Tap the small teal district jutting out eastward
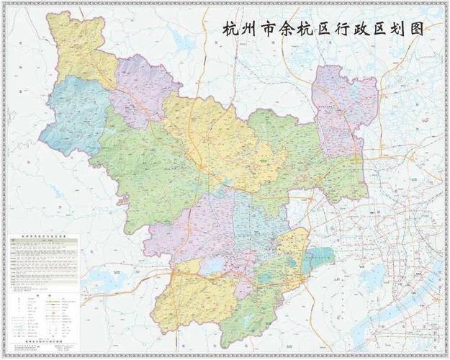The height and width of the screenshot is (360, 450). [x=320, y=258]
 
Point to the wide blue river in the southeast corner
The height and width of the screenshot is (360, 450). [x=403, y=317]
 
